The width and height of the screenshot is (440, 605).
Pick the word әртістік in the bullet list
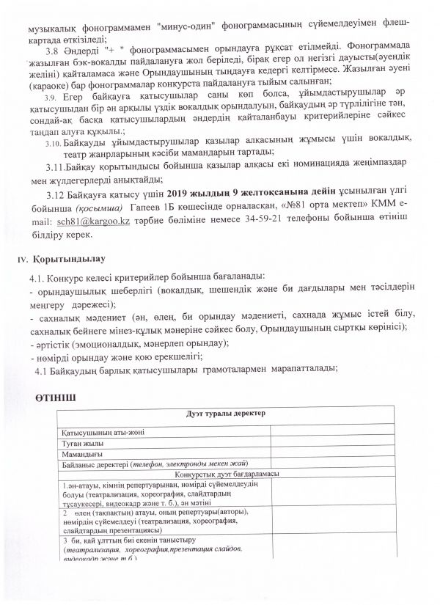pos(52,342)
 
